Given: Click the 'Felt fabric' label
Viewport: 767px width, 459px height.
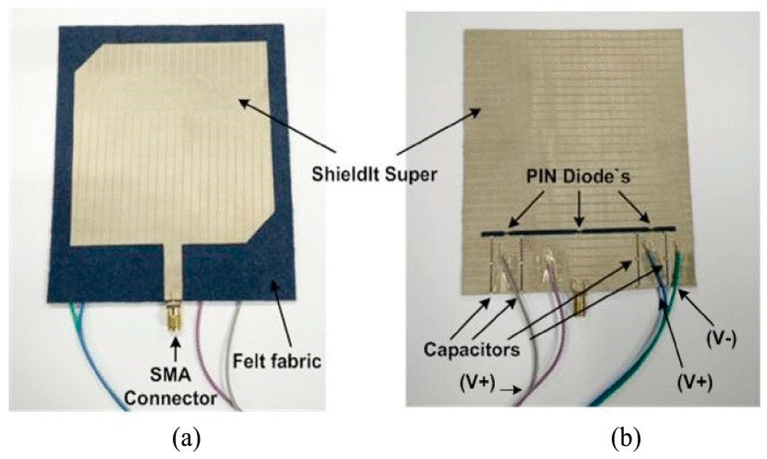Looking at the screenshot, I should point(277,361).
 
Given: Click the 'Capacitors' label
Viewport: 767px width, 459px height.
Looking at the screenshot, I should point(472,350).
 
